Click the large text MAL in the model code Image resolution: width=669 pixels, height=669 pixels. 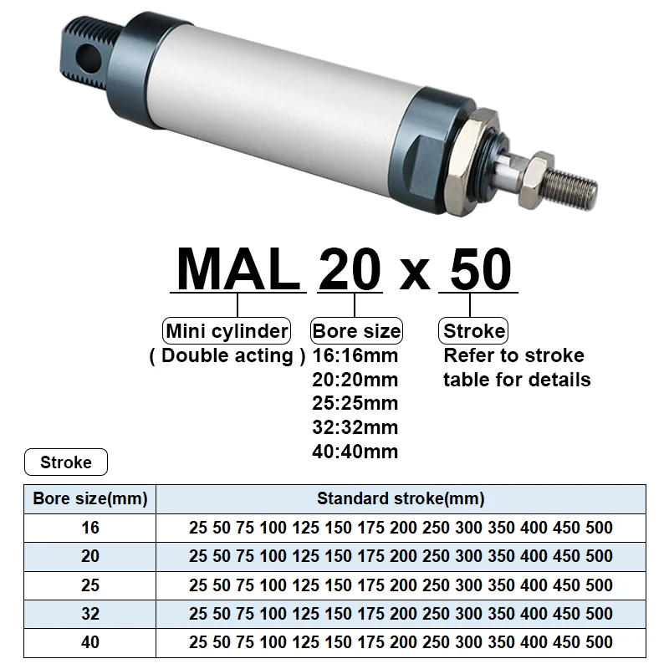pos(238,269)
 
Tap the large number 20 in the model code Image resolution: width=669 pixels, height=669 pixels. pos(350,269)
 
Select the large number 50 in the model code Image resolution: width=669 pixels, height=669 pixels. pos(478,269)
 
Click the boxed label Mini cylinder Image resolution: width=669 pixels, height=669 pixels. pos(227,330)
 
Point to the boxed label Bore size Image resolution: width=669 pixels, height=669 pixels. pos(356,330)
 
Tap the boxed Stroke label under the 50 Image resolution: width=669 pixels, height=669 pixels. pos(474,330)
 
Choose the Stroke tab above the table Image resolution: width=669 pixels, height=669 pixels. pos(66,462)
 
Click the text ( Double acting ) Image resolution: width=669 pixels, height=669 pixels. pos(227,355)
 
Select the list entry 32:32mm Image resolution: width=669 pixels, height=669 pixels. pos(355,427)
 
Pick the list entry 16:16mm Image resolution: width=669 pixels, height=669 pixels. pos(355,355)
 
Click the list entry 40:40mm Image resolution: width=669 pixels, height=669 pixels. pos(355,452)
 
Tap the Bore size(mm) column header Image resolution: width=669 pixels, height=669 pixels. pos(90,499)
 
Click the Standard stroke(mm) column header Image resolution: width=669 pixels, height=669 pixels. pos(401,499)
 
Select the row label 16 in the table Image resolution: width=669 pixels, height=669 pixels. pos(90,528)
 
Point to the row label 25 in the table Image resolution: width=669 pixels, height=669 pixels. pos(90,585)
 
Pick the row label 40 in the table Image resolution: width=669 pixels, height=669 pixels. pos(90,642)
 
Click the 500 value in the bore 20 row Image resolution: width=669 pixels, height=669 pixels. pos(599,556)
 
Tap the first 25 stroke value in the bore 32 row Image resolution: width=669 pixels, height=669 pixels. pos(198,614)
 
